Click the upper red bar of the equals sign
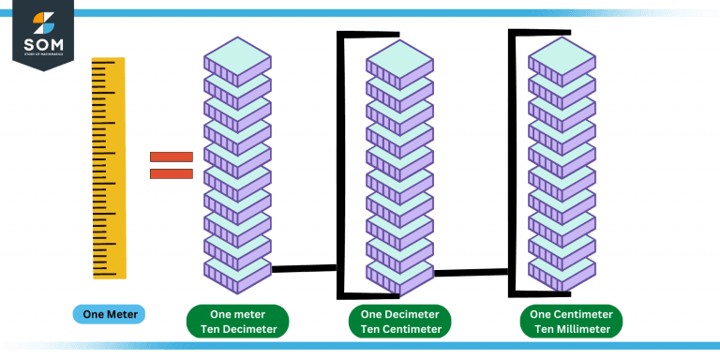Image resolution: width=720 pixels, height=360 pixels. [172, 157]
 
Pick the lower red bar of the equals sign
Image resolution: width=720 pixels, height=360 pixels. [172, 173]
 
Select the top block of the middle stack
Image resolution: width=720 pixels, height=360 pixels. [399, 58]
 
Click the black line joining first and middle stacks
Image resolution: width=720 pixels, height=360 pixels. [305, 269]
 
